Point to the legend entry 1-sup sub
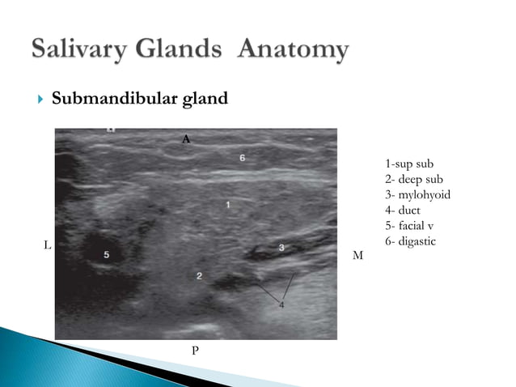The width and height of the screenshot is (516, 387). (x=404, y=164)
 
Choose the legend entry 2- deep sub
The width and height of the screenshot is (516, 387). (x=408, y=180)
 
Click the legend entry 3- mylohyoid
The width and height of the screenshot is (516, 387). (x=417, y=195)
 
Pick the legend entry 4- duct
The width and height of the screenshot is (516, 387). (x=402, y=211)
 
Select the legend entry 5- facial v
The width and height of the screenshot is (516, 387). (x=408, y=226)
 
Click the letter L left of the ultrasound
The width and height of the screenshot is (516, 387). (x=46, y=244)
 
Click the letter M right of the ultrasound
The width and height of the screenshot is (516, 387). (x=358, y=256)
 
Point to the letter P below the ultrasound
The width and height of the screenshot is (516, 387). (x=194, y=349)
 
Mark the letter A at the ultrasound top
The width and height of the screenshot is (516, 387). (x=186, y=139)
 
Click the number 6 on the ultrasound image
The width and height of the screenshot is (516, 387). (x=243, y=158)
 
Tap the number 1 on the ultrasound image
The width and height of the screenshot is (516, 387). (x=228, y=206)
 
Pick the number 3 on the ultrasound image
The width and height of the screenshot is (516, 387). (x=281, y=246)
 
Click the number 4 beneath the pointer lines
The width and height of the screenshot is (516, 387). (x=281, y=305)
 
